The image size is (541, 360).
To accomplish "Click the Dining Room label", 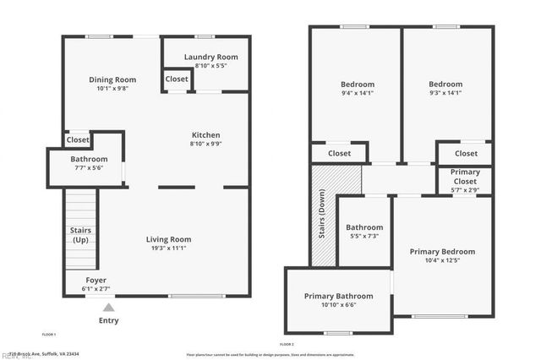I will click(x=112, y=80).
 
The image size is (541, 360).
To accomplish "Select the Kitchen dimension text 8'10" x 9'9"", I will click(x=205, y=144).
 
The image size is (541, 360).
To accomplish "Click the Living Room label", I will click(x=169, y=239).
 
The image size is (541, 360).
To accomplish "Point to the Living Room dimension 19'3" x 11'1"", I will click(x=169, y=248).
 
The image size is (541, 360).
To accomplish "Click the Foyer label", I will click(x=96, y=280).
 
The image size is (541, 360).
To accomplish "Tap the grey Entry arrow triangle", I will click(x=107, y=308).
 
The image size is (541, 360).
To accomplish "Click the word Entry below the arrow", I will click(x=109, y=320).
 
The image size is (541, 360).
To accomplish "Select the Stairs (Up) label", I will click(x=81, y=235).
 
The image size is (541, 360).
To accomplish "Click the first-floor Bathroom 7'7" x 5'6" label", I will click(x=89, y=159).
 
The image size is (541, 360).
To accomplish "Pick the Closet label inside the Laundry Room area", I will click(x=178, y=79).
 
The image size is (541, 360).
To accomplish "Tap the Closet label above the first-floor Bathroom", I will click(x=78, y=140).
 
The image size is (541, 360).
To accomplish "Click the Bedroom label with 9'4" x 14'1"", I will click(x=358, y=85).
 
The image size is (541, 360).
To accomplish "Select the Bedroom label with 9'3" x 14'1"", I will click(x=445, y=85).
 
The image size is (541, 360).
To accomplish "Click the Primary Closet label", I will click(x=465, y=176).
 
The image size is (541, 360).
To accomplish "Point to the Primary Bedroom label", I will click(x=442, y=252).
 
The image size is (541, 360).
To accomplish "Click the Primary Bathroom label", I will click(x=338, y=296).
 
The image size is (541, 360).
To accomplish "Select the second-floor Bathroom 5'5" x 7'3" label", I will click(x=364, y=227).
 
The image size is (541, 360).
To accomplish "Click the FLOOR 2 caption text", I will click(x=287, y=344).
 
